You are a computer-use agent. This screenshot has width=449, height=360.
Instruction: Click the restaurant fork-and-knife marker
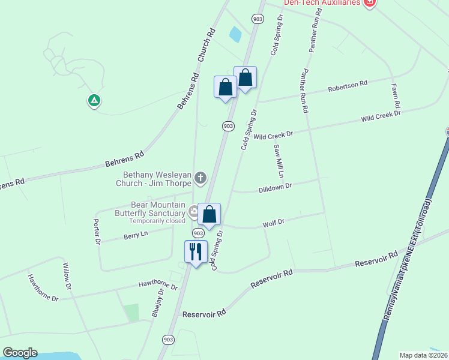click(x=196, y=251)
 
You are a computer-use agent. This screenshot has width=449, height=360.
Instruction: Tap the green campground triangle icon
click(x=94, y=100)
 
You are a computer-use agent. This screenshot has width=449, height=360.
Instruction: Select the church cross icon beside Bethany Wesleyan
click(x=200, y=178)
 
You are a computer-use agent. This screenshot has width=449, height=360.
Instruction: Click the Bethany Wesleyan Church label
click(x=153, y=178)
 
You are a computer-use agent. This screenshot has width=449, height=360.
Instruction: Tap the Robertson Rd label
click(x=347, y=86)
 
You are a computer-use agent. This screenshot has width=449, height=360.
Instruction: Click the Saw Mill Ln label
click(x=279, y=161)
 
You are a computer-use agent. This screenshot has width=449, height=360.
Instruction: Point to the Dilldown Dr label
click(x=275, y=187)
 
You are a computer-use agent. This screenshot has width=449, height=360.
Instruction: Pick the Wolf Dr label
click(x=273, y=224)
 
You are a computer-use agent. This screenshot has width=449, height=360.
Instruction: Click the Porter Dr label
click(x=97, y=232)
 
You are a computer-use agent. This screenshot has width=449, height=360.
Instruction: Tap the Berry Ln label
click(x=135, y=235)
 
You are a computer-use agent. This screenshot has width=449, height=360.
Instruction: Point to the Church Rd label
click(x=206, y=47)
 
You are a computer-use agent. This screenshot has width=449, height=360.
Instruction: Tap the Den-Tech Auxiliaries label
click(x=322, y=3)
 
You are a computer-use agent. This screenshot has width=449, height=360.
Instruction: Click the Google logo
click(x=20, y=353)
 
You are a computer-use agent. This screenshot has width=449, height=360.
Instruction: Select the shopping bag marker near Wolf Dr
click(x=209, y=214)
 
